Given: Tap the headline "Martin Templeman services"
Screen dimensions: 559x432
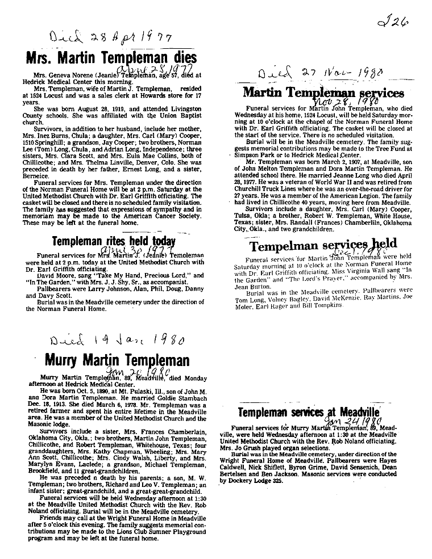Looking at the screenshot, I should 323,93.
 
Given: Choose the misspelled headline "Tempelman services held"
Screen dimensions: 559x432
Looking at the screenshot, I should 323,246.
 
